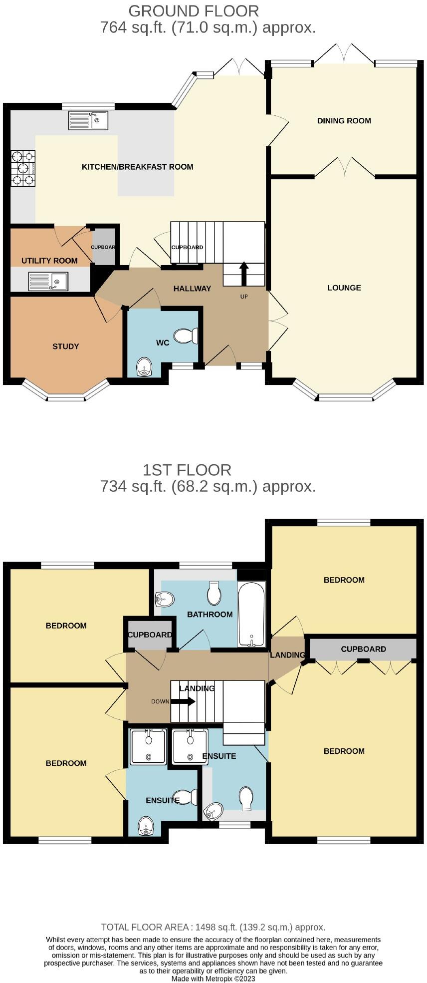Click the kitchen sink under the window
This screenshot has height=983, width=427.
point(88,120)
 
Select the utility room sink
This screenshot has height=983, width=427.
point(48,281)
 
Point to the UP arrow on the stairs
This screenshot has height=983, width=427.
point(244,274)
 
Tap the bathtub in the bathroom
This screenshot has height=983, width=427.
point(252,614)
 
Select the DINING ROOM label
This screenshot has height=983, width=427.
point(344,120)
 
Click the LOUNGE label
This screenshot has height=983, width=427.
point(344,288)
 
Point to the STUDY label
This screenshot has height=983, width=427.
point(66,346)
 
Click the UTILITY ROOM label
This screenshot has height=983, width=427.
point(49,261)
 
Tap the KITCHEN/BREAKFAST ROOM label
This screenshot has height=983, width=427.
point(138,167)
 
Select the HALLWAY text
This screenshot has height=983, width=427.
point(192,289)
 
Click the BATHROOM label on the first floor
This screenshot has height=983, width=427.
point(210,614)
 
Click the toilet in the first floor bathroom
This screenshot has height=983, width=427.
point(214,593)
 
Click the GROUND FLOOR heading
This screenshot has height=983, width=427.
point(194,10)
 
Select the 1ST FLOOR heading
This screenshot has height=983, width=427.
point(187,470)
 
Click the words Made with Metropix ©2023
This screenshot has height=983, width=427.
point(213,979)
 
